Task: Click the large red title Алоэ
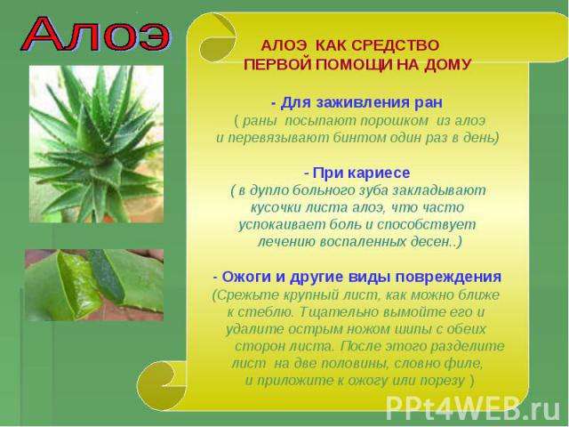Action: click(95, 34)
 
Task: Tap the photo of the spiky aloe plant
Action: click(96, 144)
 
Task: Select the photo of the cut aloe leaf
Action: click(94, 285)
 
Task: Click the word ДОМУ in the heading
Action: click(447, 65)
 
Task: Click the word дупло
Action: click(268, 190)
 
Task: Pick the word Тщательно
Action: click(337, 312)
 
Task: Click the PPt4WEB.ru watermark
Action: click(473, 408)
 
